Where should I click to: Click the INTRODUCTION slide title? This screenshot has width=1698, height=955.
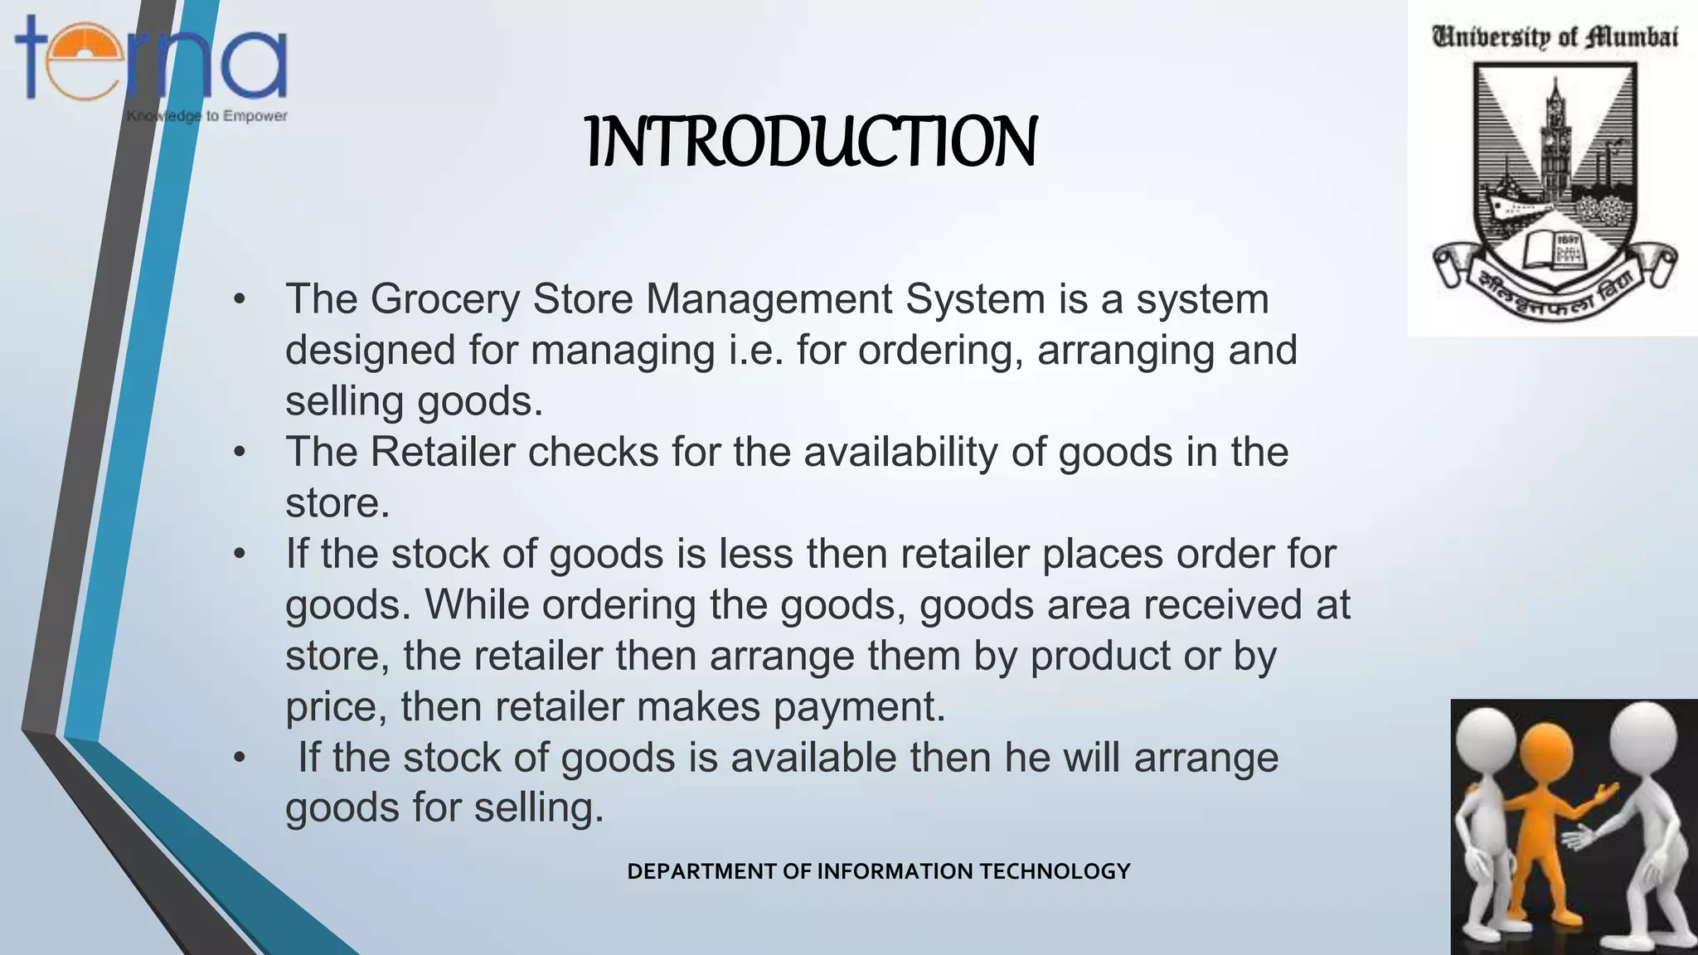point(811,142)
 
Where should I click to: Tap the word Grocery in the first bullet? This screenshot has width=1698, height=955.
point(444,299)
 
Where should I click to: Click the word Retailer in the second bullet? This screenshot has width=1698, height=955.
point(443,453)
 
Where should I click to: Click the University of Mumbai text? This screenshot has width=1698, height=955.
point(1555,37)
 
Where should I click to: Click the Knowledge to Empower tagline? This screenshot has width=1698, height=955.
point(207,116)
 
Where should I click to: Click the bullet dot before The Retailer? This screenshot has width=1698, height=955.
point(240,453)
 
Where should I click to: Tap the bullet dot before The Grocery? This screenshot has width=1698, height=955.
point(240,299)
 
